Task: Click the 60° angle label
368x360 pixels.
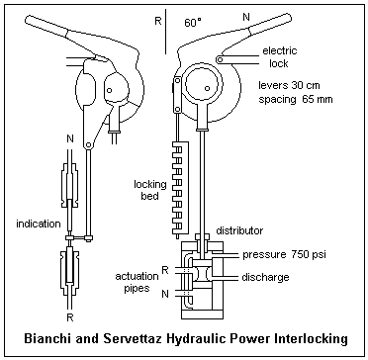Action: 193,23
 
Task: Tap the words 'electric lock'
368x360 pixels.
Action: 279,56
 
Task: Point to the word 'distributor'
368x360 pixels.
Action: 239,230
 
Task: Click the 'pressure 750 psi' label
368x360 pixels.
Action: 284,255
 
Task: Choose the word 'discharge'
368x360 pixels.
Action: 265,277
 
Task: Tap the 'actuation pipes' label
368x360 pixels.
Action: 137,282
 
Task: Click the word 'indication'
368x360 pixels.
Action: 39,225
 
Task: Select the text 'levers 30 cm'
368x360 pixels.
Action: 289,85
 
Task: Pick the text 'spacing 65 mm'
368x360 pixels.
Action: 296,99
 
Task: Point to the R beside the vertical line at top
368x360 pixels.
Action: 158,21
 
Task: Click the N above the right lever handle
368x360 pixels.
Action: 246,17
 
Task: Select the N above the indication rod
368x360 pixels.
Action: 70,138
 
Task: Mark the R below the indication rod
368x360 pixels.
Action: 70,317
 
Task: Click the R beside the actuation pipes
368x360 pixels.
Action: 165,271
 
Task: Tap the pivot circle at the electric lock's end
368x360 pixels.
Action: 220,59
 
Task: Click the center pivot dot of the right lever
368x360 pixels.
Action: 207,88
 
